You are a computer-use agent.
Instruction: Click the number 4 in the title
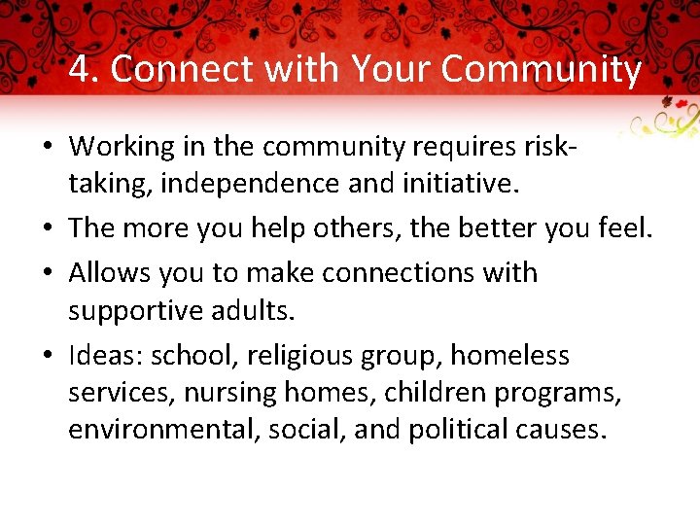[x=80, y=70]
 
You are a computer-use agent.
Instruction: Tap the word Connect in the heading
[x=176, y=70]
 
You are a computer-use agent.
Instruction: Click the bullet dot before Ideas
[x=48, y=357]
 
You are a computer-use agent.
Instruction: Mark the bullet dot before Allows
[x=48, y=273]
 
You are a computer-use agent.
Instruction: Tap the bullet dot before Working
[x=48, y=148]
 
